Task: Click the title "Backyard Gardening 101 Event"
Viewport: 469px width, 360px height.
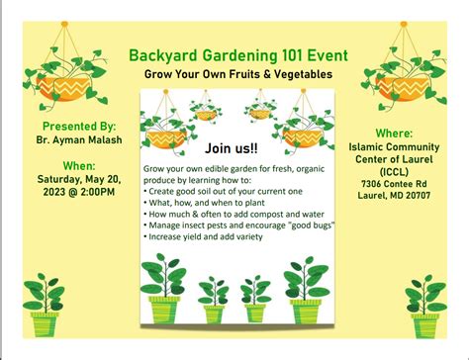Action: pyautogui.click(x=234, y=54)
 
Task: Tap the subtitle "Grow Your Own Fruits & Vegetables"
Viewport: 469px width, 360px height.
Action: pyautogui.click(x=234, y=74)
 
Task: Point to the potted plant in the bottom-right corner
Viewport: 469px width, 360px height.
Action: pyautogui.click(x=426, y=307)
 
